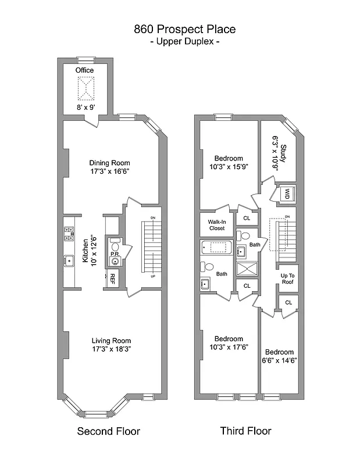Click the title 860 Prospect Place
pyautogui.click(x=184, y=28)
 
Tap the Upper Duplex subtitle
pyautogui.click(x=184, y=42)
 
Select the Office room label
pyautogui.click(x=85, y=70)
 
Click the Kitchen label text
pyautogui.click(x=85, y=251)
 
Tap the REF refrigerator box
pyautogui.click(x=112, y=278)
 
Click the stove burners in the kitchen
pyautogui.click(x=69, y=234)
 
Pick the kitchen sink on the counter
pyautogui.click(x=69, y=260)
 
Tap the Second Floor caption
pyautogui.click(x=109, y=431)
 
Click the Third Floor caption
pyautogui.click(x=245, y=431)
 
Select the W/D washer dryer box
pyautogui.click(x=286, y=194)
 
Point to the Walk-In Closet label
pyautogui.click(x=213, y=224)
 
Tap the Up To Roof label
pyautogui.click(x=287, y=279)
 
